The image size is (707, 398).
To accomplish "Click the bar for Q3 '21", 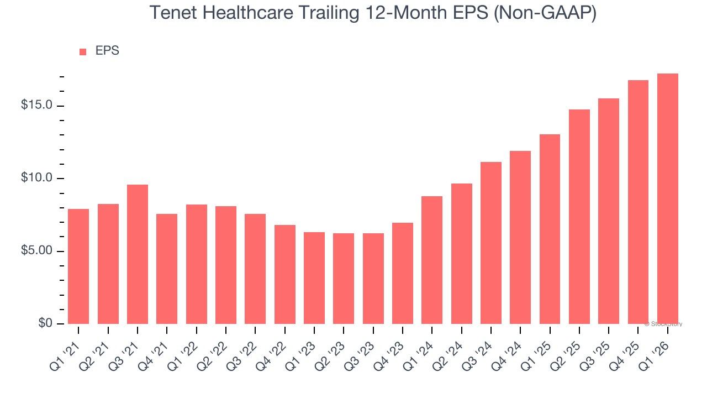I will [x=138, y=254].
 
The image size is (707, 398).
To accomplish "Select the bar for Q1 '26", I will [x=668, y=199].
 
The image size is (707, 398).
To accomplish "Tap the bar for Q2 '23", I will [x=344, y=279].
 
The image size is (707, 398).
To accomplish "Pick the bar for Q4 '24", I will [x=520, y=237].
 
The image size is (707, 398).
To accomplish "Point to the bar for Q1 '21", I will [x=78, y=266].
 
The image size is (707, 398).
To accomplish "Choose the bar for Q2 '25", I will [x=579, y=217].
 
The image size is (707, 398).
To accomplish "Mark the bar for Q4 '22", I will [x=285, y=274].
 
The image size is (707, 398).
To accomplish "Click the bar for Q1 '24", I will [x=432, y=260].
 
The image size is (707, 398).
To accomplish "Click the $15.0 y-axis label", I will [x=36, y=105].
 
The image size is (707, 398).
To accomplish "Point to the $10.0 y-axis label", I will [x=36, y=178].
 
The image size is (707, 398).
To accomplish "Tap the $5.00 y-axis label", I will [x=36, y=251].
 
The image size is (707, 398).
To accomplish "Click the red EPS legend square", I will [x=83, y=51].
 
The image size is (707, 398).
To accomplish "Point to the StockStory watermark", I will [x=663, y=324].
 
